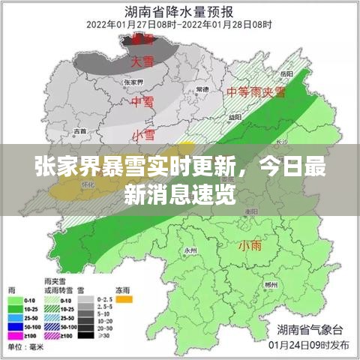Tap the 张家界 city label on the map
click(132, 82)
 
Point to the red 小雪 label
click(143, 134)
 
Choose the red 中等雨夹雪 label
click(256, 92)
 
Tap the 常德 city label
click(202, 89)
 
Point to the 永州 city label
click(190, 250)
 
